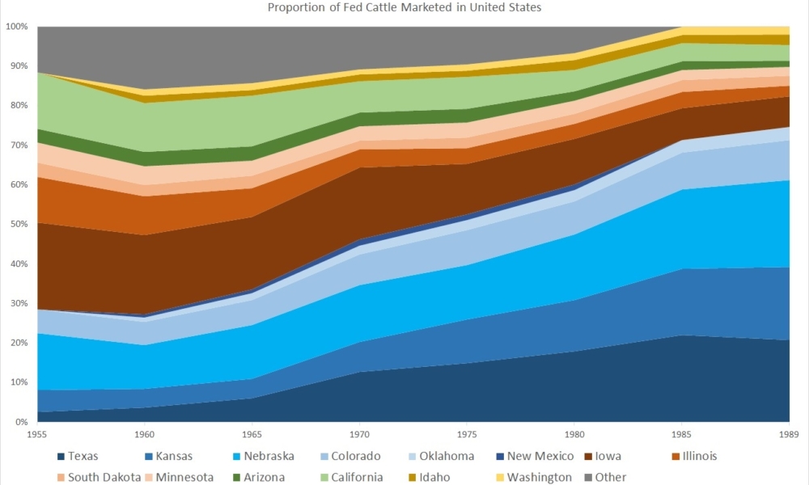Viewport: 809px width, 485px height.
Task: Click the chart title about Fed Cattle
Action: [404, 8]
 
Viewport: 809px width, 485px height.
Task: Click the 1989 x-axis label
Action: [788, 434]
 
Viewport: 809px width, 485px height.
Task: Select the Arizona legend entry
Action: [264, 477]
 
